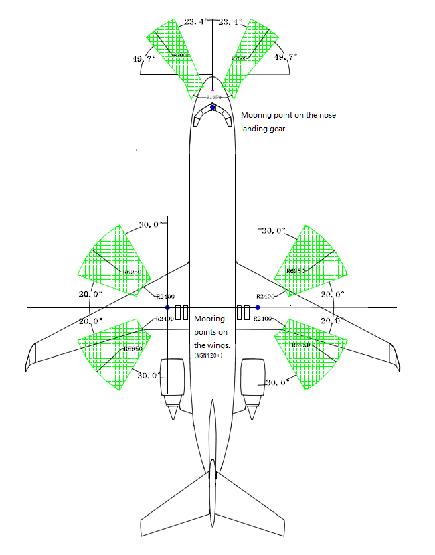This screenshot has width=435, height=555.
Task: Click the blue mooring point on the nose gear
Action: click(x=213, y=107)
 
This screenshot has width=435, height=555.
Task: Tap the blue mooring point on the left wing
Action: click(x=167, y=307)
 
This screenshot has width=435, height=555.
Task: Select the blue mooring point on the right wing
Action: click(x=258, y=307)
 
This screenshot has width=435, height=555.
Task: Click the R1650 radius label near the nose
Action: click(x=213, y=98)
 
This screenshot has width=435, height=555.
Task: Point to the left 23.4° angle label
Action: click(x=196, y=22)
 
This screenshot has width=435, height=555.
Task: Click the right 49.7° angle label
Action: click(x=286, y=58)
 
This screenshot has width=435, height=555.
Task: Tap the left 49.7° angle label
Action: click(x=145, y=59)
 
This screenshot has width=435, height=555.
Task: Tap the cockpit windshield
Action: click(x=213, y=118)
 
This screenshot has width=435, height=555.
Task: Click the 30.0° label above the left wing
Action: click(x=148, y=225)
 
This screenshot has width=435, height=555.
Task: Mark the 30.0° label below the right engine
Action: click(x=276, y=382)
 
